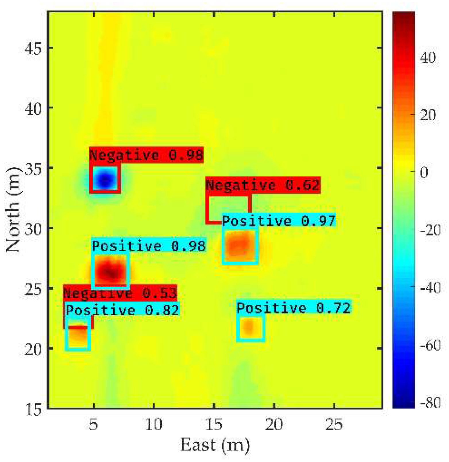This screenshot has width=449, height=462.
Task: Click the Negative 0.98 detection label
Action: (147, 155)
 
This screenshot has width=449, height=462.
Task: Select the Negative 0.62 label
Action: (263, 185)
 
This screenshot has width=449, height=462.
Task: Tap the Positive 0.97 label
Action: (279, 221)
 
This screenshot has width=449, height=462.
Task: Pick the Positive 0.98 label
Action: (149, 246)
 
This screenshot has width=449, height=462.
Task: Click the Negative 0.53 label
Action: (120, 293)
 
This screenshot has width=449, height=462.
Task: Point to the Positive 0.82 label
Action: (123, 310)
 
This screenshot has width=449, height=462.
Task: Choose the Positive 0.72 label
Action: (294, 308)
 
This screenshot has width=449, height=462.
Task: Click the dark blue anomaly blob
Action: (105, 180)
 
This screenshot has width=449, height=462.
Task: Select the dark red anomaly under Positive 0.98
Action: (111, 272)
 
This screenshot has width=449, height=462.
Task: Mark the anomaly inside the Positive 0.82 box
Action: (78, 335)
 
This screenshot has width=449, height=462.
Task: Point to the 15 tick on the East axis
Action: (214, 424)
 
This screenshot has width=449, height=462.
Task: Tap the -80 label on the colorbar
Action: (430, 402)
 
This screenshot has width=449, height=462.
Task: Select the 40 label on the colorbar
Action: (428, 58)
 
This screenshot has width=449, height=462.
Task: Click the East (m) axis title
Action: (215, 445)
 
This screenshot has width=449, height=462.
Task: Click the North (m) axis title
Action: (13, 209)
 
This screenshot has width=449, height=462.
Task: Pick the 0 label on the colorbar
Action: (424, 173)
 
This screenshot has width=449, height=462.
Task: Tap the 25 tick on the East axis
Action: (334, 424)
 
